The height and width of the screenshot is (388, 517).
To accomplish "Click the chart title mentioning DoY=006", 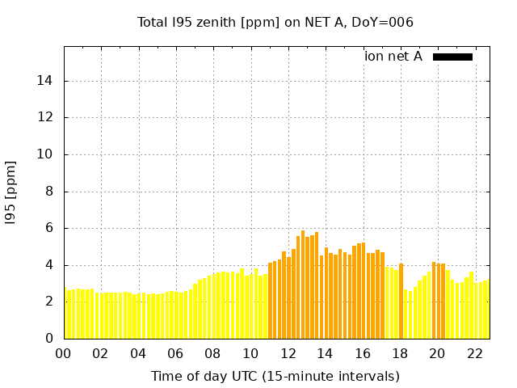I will (275, 23).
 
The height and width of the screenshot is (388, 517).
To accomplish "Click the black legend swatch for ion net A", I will (452, 57).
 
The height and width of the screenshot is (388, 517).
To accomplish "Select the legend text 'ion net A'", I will (393, 57).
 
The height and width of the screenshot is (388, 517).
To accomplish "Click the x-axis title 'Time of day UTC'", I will (275, 376).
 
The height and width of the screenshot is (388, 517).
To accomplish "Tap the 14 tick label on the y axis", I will (46, 81).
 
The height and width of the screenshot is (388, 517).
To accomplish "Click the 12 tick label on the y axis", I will (46, 117).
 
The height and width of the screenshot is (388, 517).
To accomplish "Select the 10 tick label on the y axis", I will (46, 154).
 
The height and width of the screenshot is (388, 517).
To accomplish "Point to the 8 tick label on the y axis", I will (50, 192).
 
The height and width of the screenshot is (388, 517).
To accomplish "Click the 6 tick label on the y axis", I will (50, 228).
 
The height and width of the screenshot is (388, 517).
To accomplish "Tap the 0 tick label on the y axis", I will (50, 338).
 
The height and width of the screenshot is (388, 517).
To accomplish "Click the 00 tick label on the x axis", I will (64, 353).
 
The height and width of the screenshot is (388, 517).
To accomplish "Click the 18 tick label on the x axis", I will (401, 353).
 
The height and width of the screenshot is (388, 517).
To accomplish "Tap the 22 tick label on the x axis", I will (475, 353).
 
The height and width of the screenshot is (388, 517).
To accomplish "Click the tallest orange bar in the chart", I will (303, 285).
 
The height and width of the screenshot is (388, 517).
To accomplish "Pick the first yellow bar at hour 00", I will (65, 314).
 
